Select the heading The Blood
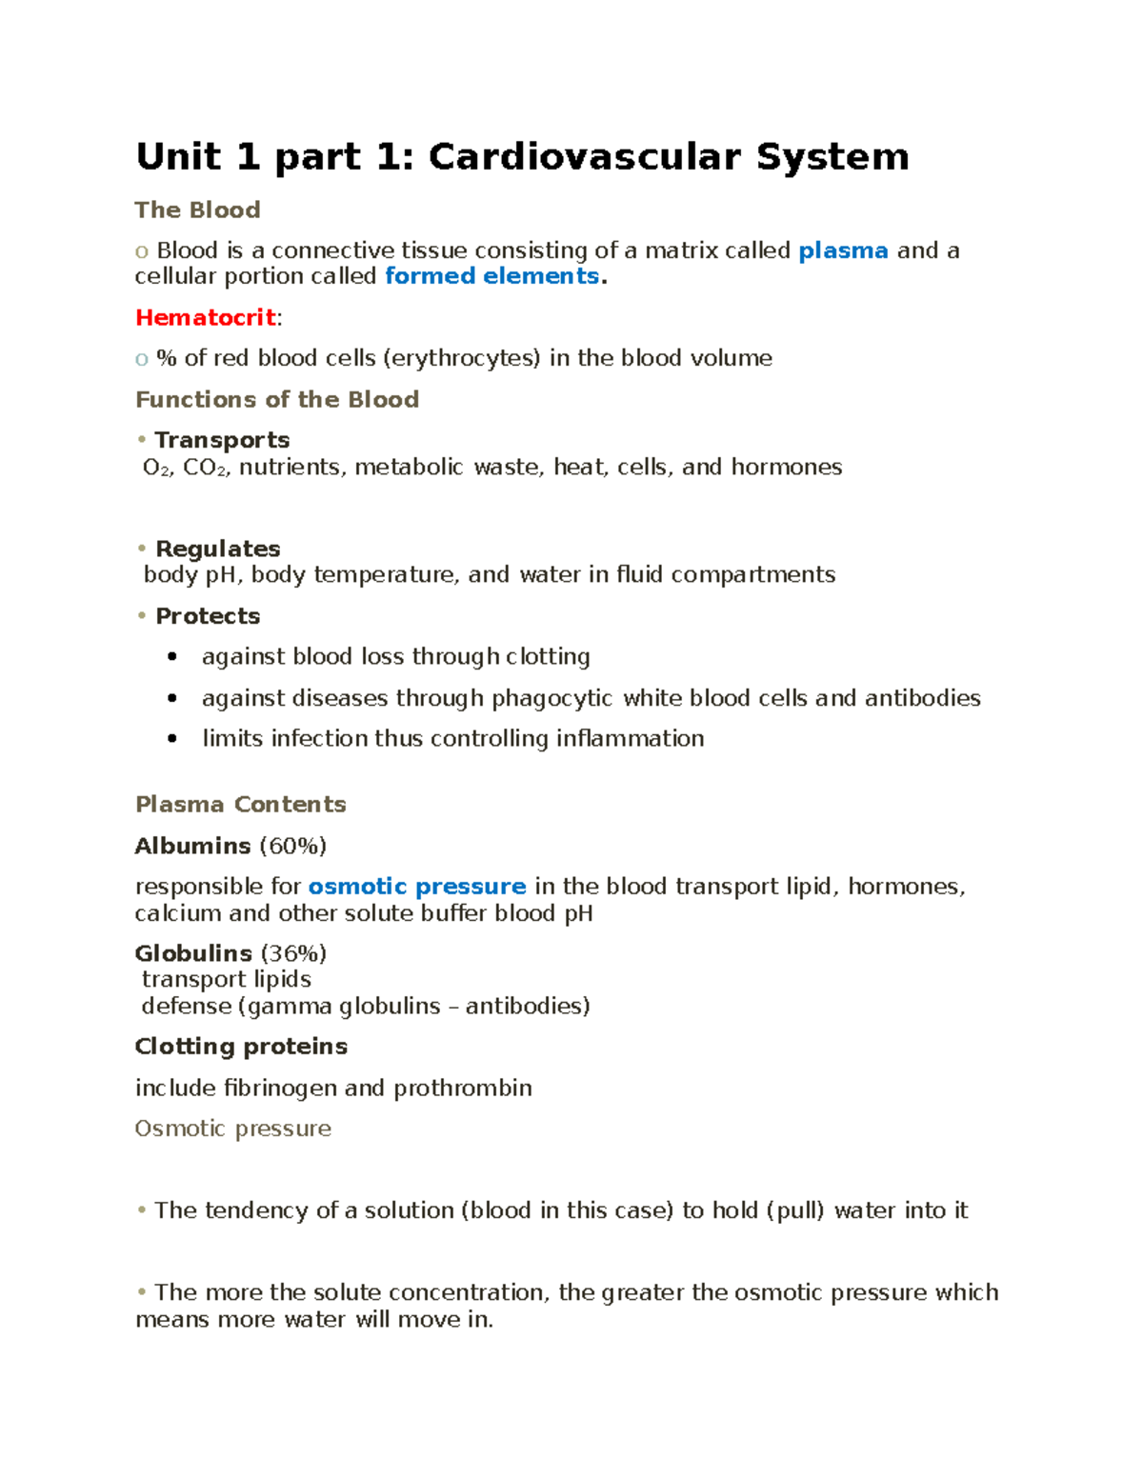click(197, 210)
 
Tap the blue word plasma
click(843, 250)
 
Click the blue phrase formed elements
click(491, 276)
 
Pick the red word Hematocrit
click(206, 317)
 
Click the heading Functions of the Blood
click(277, 399)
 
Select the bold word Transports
click(222, 440)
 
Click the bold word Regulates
click(217, 549)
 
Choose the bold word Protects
click(208, 616)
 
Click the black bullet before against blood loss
click(171, 656)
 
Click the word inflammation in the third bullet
click(630, 739)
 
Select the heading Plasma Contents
click(240, 805)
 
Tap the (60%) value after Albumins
click(292, 846)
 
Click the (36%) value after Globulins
click(292, 953)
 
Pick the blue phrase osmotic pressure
click(416, 887)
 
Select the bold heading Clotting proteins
click(241, 1047)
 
